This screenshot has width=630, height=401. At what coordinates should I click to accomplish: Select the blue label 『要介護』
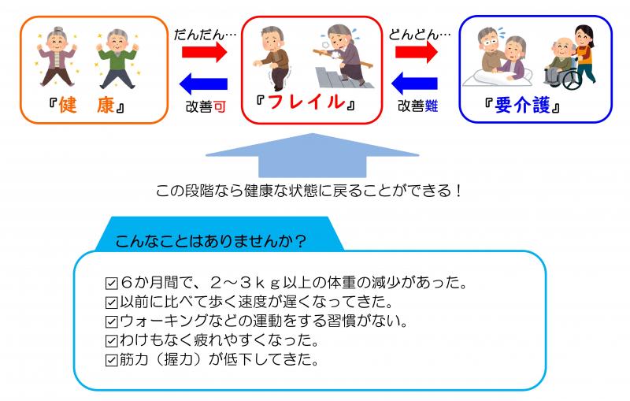(x=524, y=105)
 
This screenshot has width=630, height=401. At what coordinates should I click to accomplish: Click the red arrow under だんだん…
(x=203, y=53)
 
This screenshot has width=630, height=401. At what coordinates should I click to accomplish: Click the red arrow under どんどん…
(x=416, y=53)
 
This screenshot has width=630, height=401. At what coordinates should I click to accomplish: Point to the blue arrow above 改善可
(x=203, y=80)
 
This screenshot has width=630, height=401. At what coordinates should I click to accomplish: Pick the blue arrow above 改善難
(x=416, y=80)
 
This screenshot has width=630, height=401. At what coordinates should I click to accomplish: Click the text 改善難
(x=417, y=106)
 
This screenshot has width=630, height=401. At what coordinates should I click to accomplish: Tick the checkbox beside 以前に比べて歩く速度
(x=111, y=303)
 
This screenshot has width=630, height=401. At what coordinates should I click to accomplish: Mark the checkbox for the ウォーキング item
(x=111, y=321)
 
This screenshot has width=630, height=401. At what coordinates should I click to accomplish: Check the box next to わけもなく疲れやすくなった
(x=111, y=341)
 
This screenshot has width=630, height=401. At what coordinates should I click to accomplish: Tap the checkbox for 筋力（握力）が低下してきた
(x=111, y=361)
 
